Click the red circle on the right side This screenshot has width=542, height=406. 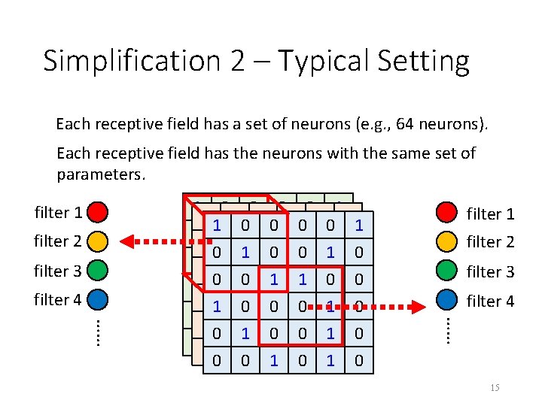tap(447, 213)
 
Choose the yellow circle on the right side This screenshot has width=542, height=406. tap(447, 241)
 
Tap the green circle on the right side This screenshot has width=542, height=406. tap(447, 271)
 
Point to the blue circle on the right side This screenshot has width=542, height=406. tap(447, 300)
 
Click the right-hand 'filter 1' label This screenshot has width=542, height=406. tap(490, 214)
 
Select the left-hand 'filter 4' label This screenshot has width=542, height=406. tap(58, 300)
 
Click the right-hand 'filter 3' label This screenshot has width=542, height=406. tap(490, 271)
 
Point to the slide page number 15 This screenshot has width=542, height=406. tap(494, 387)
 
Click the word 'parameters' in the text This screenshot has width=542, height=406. tap(99, 175)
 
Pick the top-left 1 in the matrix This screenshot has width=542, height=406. tap(217, 225)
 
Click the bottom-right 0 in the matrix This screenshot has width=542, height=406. tap(359, 361)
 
